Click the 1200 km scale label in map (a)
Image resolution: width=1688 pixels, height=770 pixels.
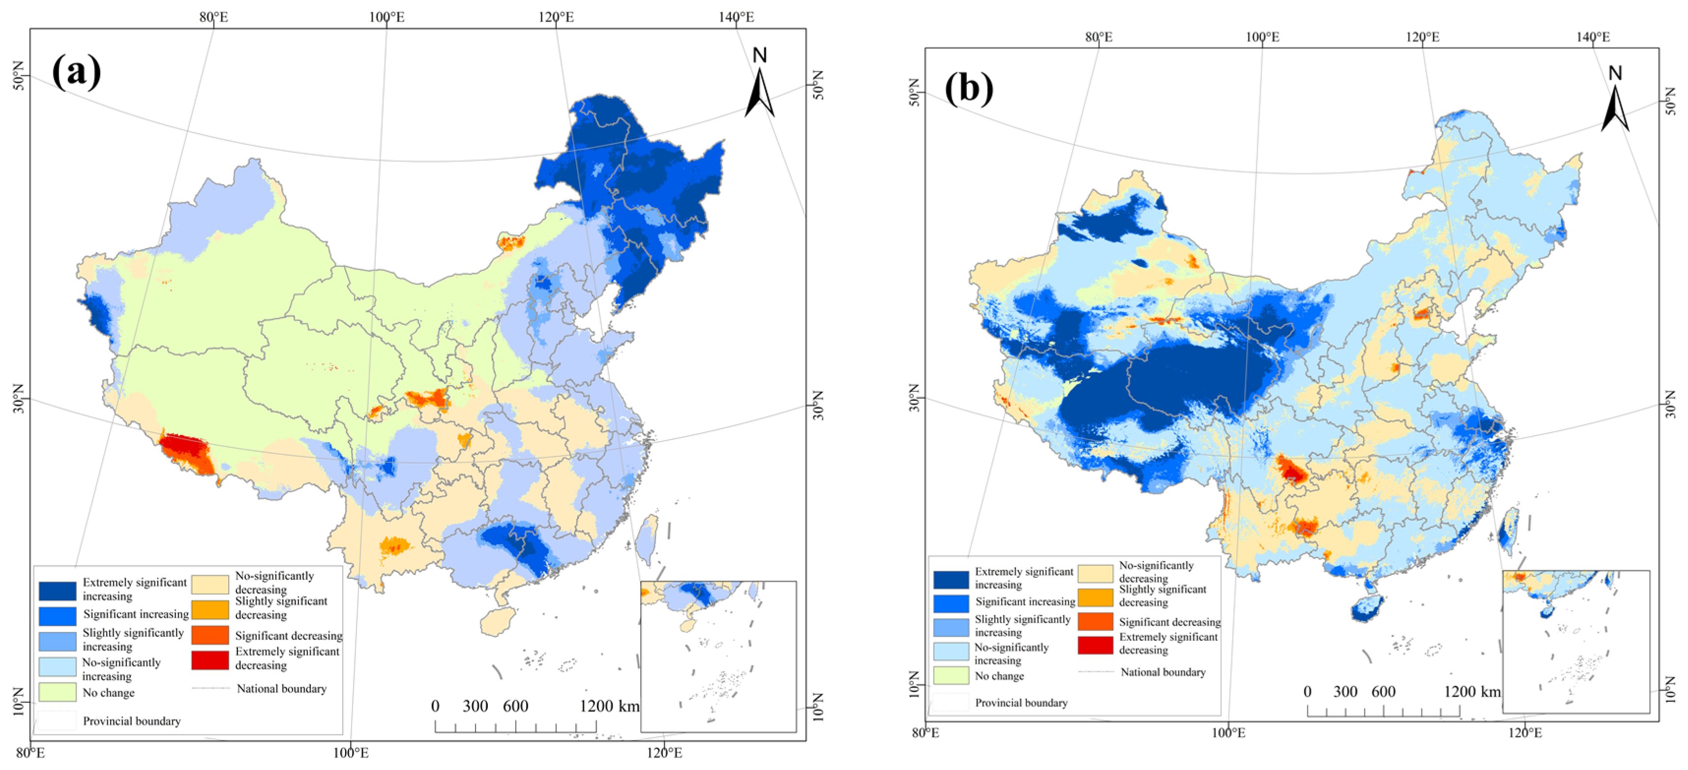(x=609, y=706)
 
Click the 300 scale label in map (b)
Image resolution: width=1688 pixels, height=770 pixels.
(x=1345, y=691)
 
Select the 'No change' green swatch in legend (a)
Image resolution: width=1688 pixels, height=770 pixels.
(x=57, y=692)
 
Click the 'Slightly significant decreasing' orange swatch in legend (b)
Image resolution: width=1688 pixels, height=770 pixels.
(x=1095, y=597)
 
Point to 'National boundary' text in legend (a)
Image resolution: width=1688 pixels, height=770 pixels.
(x=281, y=688)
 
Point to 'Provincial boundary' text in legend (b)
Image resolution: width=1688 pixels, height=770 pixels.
(x=1021, y=703)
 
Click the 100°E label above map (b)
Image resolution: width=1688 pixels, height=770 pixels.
(x=1262, y=37)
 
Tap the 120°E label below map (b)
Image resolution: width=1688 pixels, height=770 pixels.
(x=1525, y=733)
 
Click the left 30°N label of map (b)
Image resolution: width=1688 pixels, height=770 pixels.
(x=914, y=398)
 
